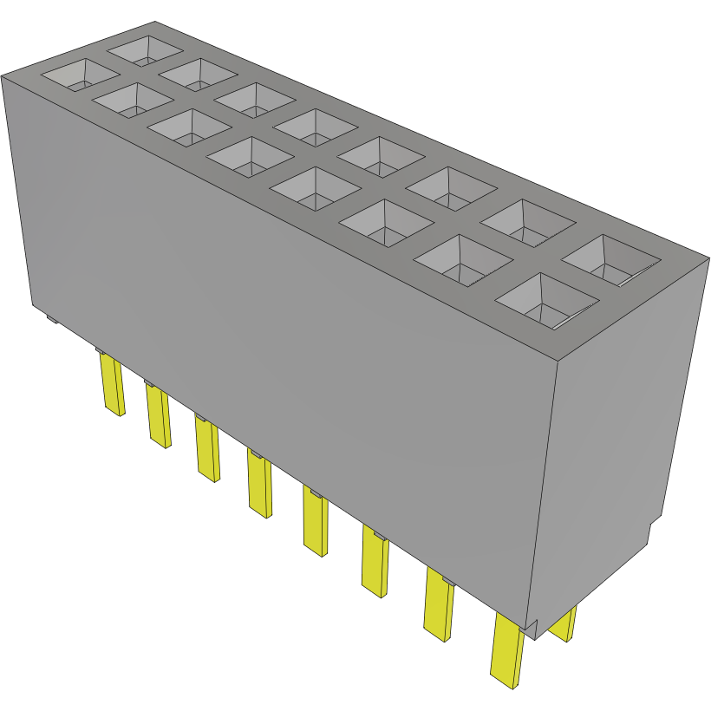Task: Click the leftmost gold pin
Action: (x=111, y=385)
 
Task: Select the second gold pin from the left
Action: (x=158, y=416)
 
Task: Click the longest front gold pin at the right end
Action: (x=507, y=649)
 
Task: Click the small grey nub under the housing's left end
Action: (x=51, y=319)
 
